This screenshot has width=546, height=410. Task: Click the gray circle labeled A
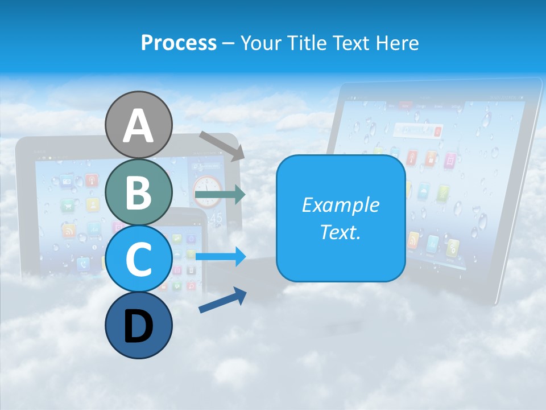click(x=138, y=125)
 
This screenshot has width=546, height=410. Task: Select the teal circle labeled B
click(x=138, y=192)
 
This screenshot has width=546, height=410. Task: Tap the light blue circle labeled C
click(x=138, y=259)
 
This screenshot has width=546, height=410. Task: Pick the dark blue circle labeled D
click(x=138, y=326)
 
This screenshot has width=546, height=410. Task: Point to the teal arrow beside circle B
click(x=220, y=195)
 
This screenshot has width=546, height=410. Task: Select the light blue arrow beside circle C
click(x=220, y=256)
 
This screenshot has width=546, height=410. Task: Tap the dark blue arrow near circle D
click(x=222, y=300)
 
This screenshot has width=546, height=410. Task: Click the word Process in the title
click(x=179, y=43)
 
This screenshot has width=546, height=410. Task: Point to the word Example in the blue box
click(x=341, y=205)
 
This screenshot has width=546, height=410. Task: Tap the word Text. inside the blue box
click(x=341, y=232)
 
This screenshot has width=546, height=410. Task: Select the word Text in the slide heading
click(x=353, y=43)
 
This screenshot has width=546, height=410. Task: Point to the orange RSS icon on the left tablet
click(x=69, y=231)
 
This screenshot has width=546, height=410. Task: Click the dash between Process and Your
click(x=228, y=43)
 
